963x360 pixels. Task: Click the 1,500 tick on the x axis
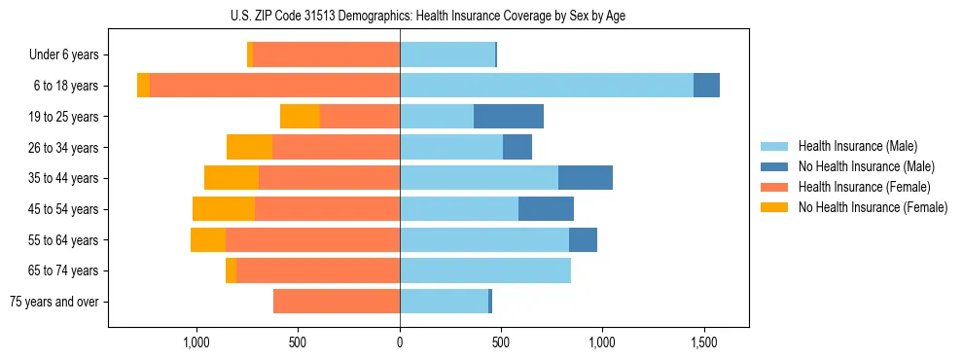703,342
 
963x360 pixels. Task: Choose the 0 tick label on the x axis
400,342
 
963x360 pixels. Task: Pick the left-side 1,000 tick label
196,342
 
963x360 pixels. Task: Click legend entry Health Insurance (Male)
857,146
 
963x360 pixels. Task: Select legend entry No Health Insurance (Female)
873,207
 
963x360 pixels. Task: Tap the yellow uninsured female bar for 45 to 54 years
224,209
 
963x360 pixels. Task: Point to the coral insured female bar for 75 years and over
337,302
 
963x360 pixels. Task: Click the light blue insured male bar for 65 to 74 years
485,270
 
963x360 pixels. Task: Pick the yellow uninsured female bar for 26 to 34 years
249,147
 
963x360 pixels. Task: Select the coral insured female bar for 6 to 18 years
274,86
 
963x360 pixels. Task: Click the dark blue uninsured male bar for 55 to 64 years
583,239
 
